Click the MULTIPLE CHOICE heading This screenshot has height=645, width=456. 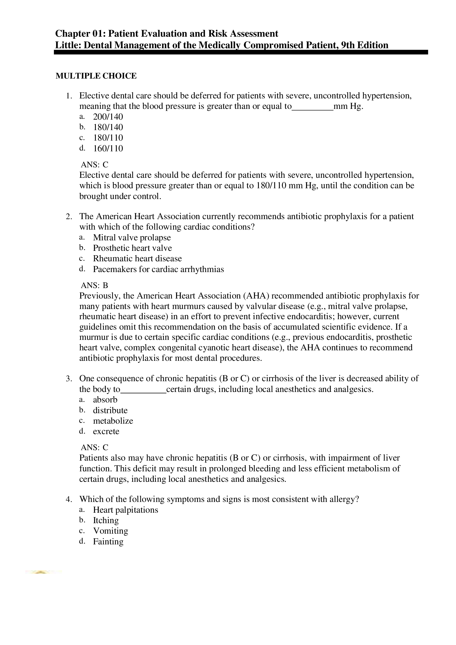96,76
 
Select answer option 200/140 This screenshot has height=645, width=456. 108,117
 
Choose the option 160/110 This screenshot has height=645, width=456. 108,148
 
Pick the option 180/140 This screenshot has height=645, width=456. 108,127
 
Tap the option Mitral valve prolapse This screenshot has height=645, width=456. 132,238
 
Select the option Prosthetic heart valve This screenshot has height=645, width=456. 132,248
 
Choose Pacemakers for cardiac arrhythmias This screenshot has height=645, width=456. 158,269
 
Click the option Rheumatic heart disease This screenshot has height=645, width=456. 137,259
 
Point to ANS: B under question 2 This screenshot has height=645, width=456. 94,286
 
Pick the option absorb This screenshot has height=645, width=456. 105,400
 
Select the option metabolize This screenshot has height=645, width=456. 113,421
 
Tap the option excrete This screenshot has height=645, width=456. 106,431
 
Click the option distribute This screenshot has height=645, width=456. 110,410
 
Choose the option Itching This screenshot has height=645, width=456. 106,520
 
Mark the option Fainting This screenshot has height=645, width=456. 108,542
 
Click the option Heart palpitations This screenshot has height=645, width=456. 126,510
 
